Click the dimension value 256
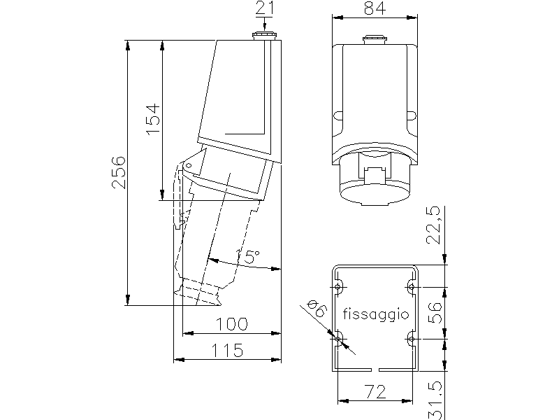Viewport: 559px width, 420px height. tap(119, 172)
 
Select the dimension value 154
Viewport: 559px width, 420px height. tap(153, 119)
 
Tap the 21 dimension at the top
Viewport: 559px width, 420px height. tap(265, 8)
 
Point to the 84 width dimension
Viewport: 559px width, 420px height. tap(375, 8)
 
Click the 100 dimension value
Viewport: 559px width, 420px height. tap(232, 324)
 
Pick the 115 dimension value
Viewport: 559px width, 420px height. tap(228, 351)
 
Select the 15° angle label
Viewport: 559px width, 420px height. tap(248, 257)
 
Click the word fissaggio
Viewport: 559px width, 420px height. tap(376, 314)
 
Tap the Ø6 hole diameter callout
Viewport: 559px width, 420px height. tap(317, 309)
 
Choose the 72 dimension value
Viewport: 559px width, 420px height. tap(376, 392)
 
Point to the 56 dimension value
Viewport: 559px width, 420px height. tap(435, 312)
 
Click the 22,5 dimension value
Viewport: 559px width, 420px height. tap(433, 225)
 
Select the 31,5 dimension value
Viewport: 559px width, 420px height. tap(435, 400)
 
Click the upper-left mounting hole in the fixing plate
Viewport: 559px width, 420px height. tap(337, 287)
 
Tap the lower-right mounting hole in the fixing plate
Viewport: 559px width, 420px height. tap(412, 339)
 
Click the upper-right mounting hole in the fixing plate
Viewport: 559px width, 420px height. tap(412, 287)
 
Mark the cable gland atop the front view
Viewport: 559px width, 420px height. tap(375, 40)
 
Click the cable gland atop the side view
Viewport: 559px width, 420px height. tap(264, 36)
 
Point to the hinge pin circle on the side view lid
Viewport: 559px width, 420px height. tap(189, 165)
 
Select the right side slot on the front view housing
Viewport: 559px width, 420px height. tap(412, 115)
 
